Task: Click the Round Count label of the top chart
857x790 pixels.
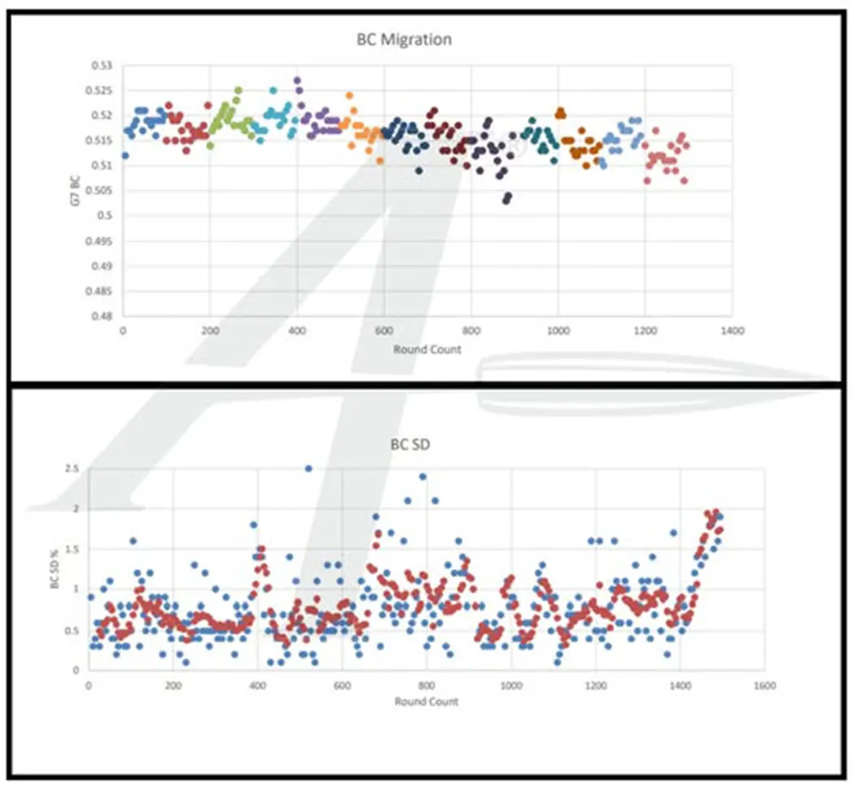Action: (427, 350)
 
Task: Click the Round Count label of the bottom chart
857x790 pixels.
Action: (427, 701)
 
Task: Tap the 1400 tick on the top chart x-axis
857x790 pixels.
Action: (731, 331)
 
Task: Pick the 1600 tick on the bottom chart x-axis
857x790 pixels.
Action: (764, 685)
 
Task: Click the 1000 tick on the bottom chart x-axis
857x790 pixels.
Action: (512, 685)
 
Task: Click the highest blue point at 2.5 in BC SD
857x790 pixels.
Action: (309, 469)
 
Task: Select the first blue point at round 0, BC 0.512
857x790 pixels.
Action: (125, 155)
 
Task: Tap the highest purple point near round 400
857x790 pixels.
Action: (297, 81)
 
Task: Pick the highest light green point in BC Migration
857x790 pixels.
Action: (238, 90)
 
